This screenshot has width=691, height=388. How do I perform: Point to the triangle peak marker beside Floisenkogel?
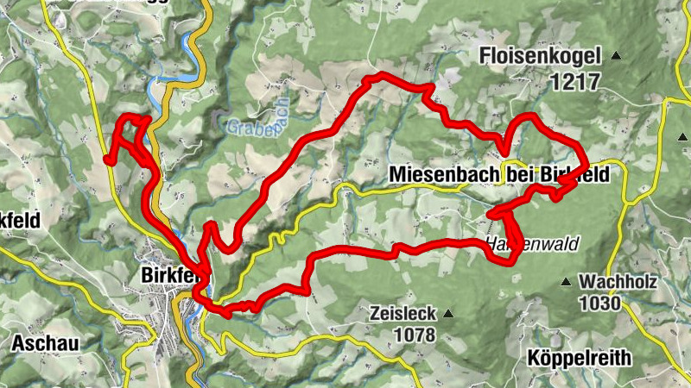tap(616, 57)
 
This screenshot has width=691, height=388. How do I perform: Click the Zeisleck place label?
tap(401, 313)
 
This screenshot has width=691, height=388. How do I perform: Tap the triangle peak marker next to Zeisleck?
tap(447, 314)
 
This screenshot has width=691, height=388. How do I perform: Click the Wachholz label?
tap(618, 282)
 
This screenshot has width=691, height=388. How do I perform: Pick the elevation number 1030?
tap(601, 303)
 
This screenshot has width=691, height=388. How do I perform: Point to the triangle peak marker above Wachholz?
tap(567, 282)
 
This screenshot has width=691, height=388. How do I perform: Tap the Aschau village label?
tap(46, 343)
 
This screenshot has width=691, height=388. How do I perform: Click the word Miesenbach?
tap(443, 174)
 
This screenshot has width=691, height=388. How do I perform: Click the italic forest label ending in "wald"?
tap(530, 242)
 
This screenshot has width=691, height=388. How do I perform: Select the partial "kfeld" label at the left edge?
tap(19, 220)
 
